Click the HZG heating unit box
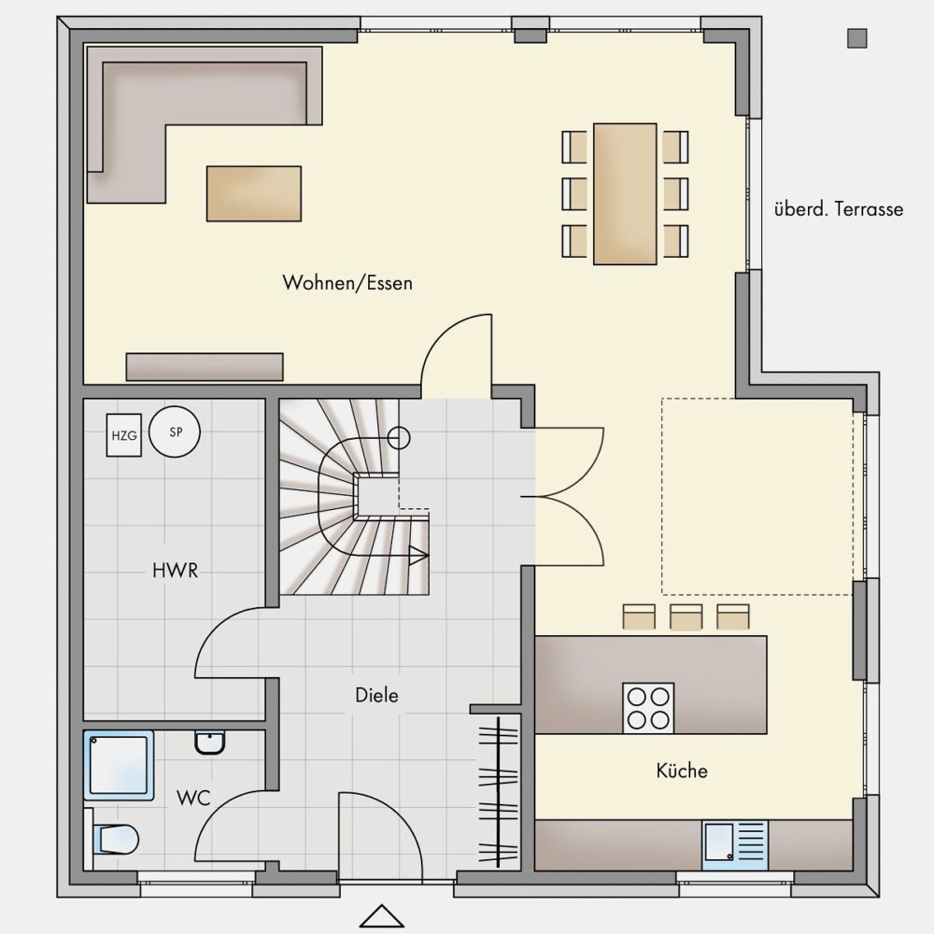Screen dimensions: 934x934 click(x=124, y=435)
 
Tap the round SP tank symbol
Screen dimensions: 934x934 click(x=175, y=432)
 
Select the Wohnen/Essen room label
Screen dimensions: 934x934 click(x=347, y=282)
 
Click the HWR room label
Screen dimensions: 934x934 click(x=176, y=571)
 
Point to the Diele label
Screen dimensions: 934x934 click(x=376, y=695)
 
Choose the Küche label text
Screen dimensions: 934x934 click(x=682, y=771)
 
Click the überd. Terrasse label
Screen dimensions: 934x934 click(x=839, y=209)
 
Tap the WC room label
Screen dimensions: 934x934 click(x=193, y=799)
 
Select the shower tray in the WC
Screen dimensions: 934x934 click(x=120, y=766)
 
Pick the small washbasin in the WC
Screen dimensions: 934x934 click(x=209, y=743)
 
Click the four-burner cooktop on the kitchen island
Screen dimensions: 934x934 click(x=649, y=708)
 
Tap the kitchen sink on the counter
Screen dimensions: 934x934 click(x=735, y=845)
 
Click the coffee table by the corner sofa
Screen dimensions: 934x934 click(x=254, y=193)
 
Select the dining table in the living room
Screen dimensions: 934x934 click(x=625, y=194)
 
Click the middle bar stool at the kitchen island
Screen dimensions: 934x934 click(x=686, y=617)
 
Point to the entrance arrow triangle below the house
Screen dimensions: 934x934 click(x=382, y=916)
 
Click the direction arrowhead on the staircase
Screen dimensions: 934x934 click(x=419, y=556)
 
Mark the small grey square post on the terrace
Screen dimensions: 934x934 click(x=857, y=38)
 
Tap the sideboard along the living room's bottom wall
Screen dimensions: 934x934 click(x=205, y=367)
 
